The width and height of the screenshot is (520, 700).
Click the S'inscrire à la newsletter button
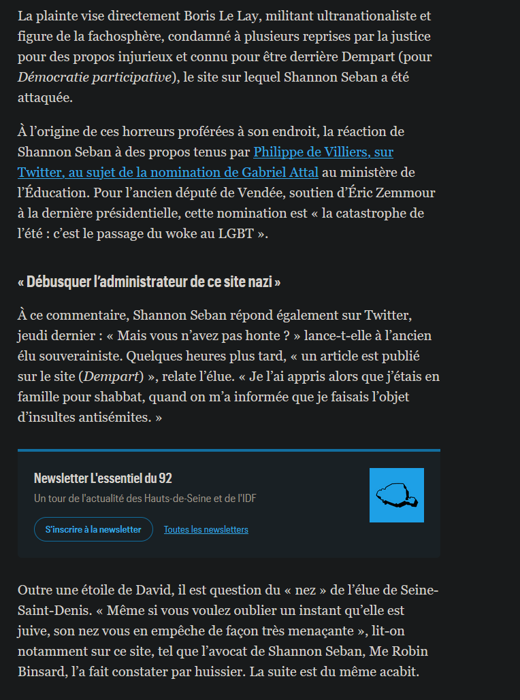click(93, 529)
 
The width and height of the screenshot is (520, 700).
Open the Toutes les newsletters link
click(206, 529)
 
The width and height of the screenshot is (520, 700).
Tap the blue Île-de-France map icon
click(396, 495)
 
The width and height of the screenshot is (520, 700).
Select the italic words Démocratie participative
click(95, 77)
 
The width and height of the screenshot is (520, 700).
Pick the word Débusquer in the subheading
click(56, 281)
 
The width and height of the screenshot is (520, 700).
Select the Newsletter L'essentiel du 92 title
click(103, 478)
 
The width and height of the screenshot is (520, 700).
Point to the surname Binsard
click(42, 672)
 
